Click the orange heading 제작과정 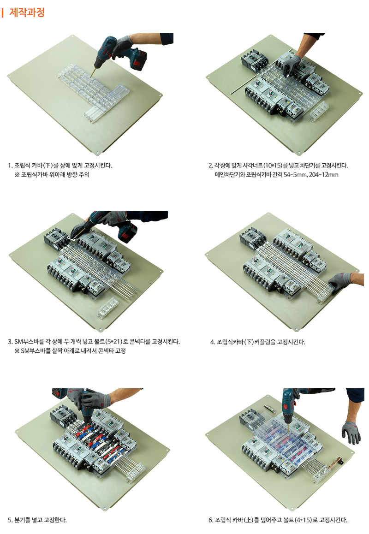pos(27,12)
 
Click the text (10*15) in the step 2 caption pos(273,166)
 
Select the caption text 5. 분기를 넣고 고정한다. pos(37,520)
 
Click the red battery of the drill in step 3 pos(127,232)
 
